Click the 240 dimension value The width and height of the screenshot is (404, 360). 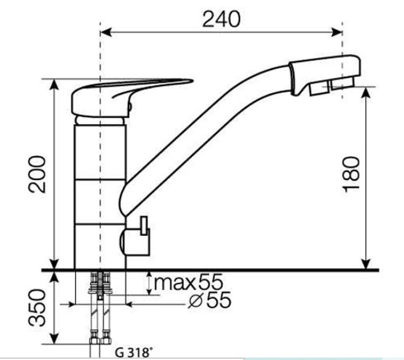pos(221,19)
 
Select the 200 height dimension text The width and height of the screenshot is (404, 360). pos(37,174)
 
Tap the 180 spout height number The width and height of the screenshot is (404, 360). pos(351,174)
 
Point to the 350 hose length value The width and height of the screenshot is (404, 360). pos(37,308)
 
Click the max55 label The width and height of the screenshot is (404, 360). pos(188,282)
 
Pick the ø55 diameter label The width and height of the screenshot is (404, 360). pos(210,300)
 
